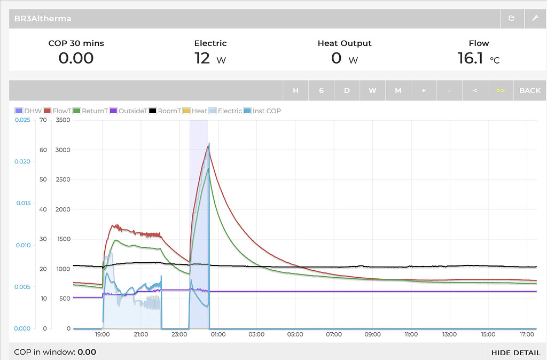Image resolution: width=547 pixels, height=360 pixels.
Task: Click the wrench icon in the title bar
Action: (535, 18)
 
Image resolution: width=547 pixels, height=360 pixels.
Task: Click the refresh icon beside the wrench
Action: (511, 18)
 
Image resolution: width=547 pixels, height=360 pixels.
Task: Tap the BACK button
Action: (529, 90)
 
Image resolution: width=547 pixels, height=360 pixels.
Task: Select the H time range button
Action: (295, 90)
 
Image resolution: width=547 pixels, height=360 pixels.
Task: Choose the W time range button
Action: (372, 90)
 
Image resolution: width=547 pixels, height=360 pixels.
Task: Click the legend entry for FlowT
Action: (58, 111)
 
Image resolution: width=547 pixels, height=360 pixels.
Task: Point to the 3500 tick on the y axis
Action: (62, 120)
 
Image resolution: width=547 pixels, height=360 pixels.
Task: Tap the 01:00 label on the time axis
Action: (218, 335)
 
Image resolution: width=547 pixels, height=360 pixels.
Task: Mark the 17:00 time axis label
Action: (527, 335)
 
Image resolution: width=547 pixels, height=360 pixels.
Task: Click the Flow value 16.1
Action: (470, 58)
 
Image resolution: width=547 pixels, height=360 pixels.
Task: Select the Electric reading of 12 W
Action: (203, 58)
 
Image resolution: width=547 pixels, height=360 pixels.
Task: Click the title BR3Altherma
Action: (43, 19)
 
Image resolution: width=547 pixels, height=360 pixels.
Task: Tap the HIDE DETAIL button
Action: (515, 353)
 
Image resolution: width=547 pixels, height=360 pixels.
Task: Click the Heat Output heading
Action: (344, 43)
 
